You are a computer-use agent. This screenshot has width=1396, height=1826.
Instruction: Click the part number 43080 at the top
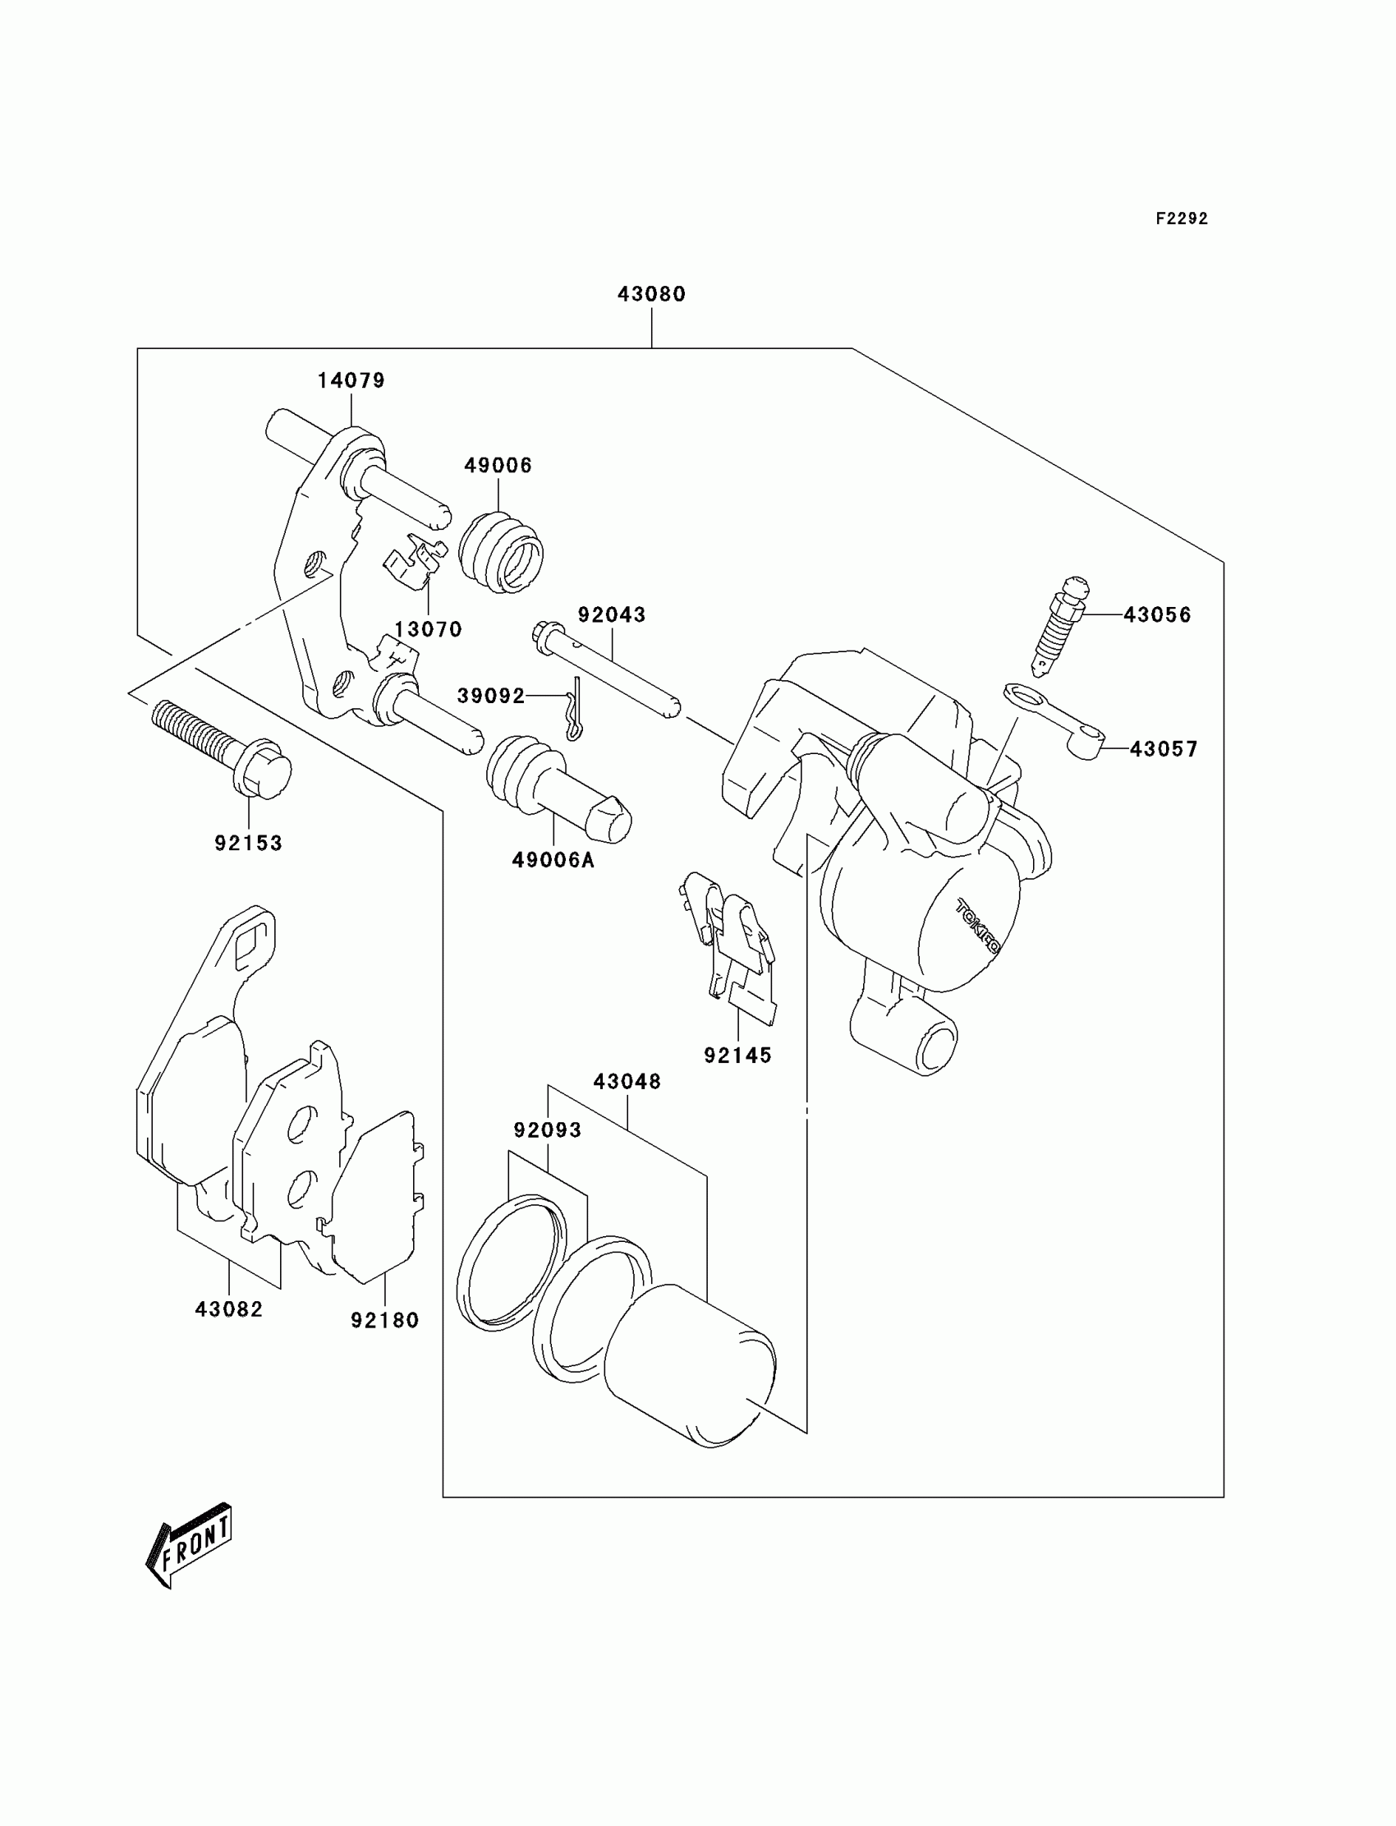tap(651, 294)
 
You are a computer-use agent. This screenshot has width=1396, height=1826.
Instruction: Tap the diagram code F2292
tap(1182, 218)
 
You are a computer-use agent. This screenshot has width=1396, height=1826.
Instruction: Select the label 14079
tap(351, 380)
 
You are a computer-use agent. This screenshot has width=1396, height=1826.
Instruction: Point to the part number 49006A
tap(553, 860)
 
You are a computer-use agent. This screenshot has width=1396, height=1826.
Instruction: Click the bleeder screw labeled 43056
tap(1059, 623)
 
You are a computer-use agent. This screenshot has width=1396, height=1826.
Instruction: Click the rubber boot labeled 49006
tap(502, 552)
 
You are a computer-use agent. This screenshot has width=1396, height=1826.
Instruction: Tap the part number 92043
tap(613, 615)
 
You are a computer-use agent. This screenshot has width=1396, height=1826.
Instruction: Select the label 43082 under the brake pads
tap(228, 1310)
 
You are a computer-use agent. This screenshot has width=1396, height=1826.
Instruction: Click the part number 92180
tap(385, 1321)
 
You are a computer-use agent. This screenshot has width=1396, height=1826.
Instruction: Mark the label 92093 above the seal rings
tap(548, 1130)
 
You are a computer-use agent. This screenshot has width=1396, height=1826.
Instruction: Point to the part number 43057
tap(1164, 750)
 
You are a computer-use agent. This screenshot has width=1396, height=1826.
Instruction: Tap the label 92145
tap(738, 1056)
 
